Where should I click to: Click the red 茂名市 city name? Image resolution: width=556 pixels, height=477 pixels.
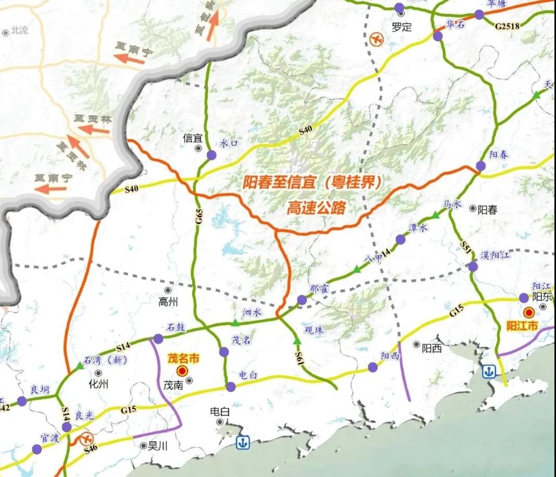pos(184,359)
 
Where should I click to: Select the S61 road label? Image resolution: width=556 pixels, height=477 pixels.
pos(299,358)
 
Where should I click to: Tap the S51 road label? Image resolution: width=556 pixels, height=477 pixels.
pos(465,248)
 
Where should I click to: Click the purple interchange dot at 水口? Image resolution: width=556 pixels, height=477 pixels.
pos(211,155)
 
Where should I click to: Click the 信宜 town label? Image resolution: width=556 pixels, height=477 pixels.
pos(192,139)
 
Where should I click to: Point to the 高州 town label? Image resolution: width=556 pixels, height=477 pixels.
pos(168,301)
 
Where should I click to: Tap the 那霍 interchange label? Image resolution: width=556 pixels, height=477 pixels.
pos(318,288)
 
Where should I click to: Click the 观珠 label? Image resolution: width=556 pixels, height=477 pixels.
pos(313,331)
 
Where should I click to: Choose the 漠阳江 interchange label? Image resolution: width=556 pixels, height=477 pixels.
pos(496,255)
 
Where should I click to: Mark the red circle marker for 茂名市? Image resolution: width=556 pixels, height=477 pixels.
pos(182,371)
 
